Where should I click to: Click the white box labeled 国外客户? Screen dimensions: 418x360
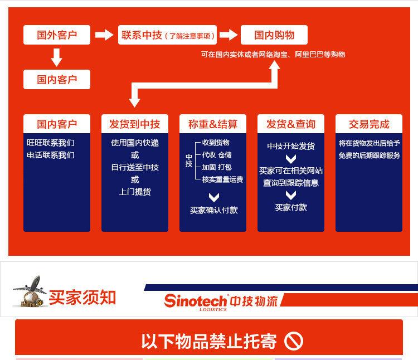(x=56, y=35)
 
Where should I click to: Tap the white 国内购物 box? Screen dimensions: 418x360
(x=274, y=35)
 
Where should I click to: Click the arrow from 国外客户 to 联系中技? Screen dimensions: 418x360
(x=104, y=35)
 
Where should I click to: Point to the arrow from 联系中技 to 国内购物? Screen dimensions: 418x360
(x=228, y=35)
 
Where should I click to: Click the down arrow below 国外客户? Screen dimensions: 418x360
(x=56, y=57)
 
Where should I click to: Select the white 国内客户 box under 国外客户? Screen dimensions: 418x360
(x=56, y=79)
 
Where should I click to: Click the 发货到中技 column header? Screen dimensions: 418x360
(x=135, y=124)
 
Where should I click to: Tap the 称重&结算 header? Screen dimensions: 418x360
(x=213, y=124)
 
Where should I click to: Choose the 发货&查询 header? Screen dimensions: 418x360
(x=290, y=124)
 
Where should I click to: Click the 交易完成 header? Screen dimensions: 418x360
(x=368, y=124)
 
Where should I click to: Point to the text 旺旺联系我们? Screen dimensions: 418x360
(x=51, y=143)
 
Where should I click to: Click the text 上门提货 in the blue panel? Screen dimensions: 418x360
(x=135, y=192)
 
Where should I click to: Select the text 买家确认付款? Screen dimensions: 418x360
(x=213, y=210)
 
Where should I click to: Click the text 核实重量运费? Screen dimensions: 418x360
(x=222, y=179)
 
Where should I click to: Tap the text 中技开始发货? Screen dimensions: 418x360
(x=290, y=146)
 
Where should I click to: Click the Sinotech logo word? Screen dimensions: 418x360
(x=196, y=300)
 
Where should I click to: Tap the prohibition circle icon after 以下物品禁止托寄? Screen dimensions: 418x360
(x=294, y=340)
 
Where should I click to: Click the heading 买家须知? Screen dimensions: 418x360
(x=82, y=297)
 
